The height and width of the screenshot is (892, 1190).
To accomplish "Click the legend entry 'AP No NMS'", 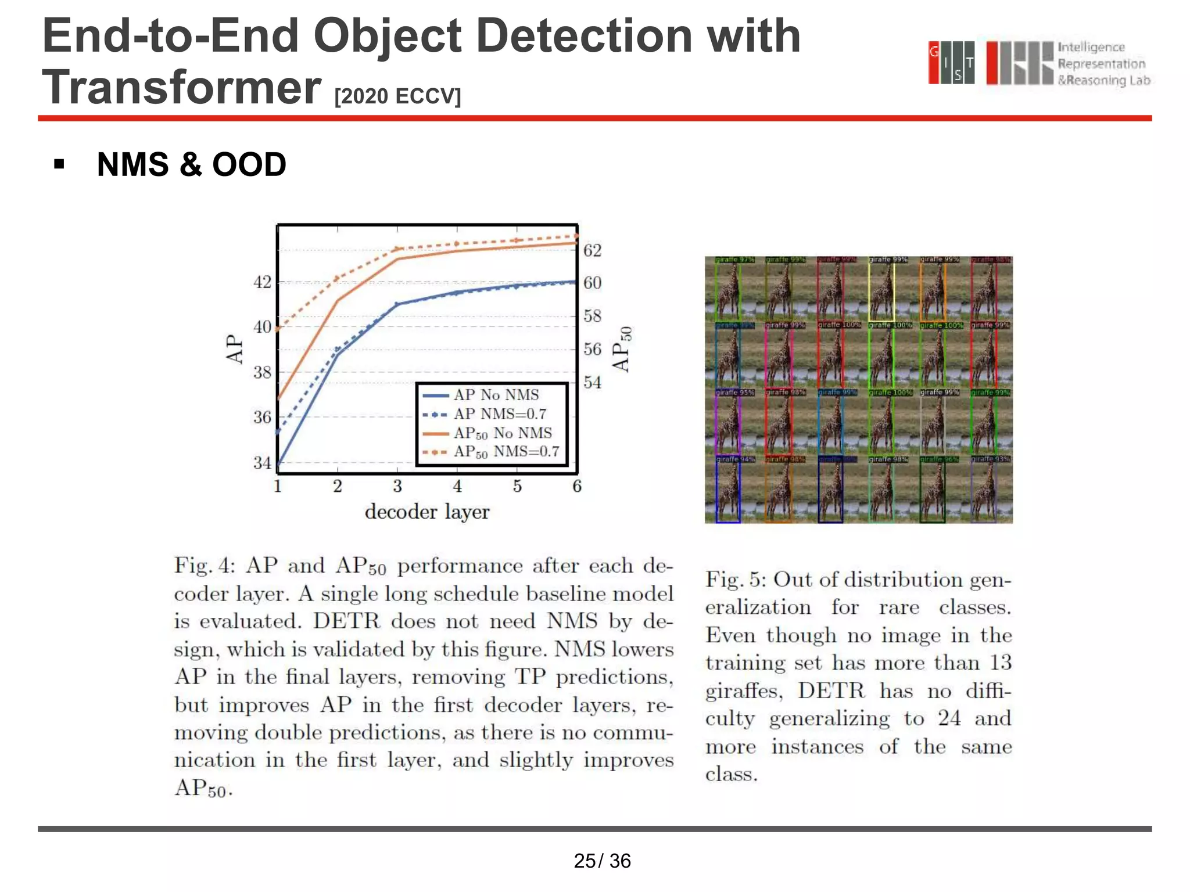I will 496,395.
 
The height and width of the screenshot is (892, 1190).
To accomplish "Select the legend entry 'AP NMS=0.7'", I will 500,414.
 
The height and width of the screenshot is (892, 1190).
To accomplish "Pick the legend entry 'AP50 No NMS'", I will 503,433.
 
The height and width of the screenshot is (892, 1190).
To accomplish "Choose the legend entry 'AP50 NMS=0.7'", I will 506,452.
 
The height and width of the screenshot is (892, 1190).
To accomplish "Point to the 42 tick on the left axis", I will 262,282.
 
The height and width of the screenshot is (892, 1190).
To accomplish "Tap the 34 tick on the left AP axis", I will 262,463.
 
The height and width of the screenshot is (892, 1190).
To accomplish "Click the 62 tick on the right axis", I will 592,250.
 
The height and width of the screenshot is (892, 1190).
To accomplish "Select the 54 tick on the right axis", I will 592,382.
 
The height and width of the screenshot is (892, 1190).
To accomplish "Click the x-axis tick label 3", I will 397,486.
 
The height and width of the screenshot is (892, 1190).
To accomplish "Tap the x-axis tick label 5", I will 517,486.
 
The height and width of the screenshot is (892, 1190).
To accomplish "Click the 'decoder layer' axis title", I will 427,512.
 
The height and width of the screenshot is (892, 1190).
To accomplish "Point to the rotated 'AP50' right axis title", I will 621,348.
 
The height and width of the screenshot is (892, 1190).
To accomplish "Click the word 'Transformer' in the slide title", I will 181,87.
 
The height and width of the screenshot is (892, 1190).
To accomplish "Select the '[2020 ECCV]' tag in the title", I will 397,96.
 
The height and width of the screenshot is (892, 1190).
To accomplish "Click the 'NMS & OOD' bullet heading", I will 191,164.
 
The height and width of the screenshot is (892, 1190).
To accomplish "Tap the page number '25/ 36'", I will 602,861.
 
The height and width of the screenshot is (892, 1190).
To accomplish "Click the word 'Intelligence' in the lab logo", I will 1091,48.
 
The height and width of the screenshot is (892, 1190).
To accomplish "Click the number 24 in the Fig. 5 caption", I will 949,718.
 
